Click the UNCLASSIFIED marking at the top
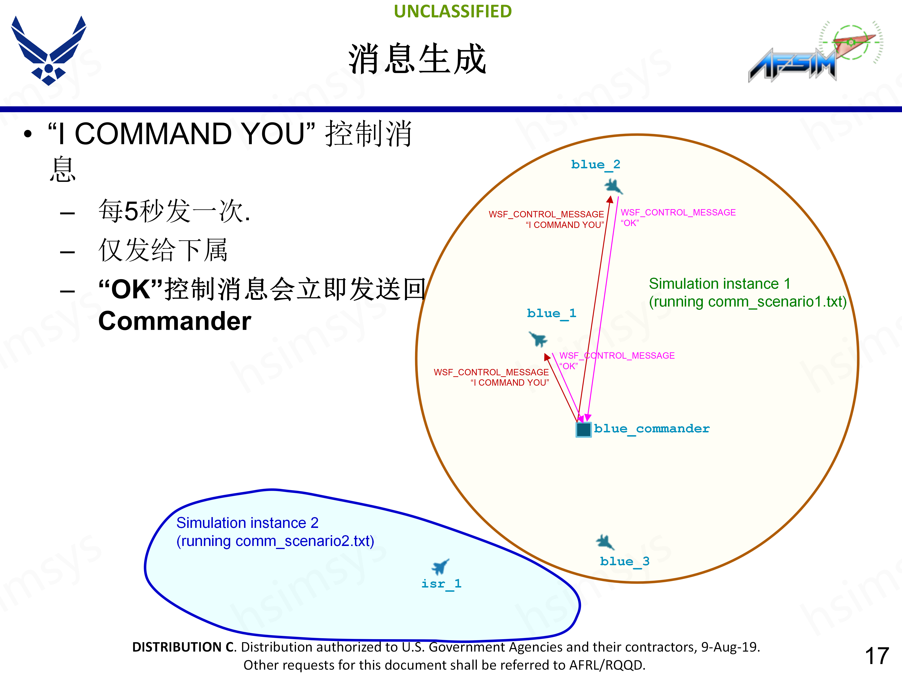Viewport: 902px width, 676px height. pos(453,12)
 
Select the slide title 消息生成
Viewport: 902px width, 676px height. pos(417,59)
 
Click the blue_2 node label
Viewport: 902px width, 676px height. pos(595,165)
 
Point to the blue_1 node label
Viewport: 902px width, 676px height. pos(551,313)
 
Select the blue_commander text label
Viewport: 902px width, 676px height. pos(652,429)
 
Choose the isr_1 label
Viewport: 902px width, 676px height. pos(441,584)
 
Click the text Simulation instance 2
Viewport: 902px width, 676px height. pos(247,523)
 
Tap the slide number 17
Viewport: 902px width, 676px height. pos(877,656)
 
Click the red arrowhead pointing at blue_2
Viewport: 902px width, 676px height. pos(610,199)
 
